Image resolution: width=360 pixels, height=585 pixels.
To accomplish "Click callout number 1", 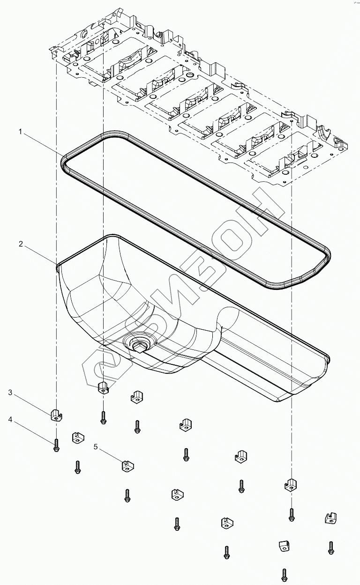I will (x=21, y=133).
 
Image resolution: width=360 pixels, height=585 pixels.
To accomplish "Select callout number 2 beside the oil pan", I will (x=21, y=244).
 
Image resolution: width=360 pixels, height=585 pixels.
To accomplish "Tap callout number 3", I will (x=10, y=392).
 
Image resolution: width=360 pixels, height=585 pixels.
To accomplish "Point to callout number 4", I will (x=10, y=420).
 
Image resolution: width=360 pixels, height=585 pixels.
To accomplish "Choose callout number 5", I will (x=96, y=447).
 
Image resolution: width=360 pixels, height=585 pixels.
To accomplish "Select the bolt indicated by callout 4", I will (x=56, y=445).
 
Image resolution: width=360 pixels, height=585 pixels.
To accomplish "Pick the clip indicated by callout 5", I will (x=127, y=466).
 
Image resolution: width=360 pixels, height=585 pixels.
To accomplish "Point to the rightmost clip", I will (x=331, y=518).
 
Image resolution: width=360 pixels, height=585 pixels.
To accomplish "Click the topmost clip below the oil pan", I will (x=103, y=388).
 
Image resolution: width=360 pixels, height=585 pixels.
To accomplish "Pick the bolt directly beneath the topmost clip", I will (x=103, y=416).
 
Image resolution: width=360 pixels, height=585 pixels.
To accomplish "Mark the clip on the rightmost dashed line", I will (x=291, y=485).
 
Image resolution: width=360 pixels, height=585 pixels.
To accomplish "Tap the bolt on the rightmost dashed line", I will (x=291, y=514).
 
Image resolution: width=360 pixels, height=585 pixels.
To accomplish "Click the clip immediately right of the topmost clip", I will (x=136, y=396).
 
